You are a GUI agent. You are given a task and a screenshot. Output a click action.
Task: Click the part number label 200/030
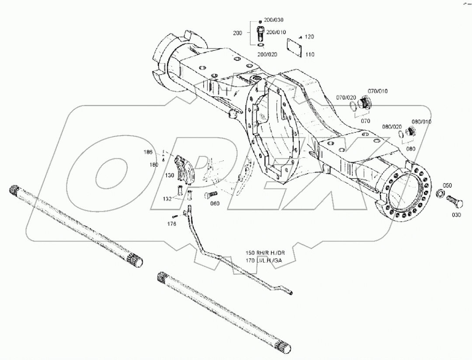(274, 20)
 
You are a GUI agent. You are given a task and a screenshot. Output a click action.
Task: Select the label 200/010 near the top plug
(276, 32)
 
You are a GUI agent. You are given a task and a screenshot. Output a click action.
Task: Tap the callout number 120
(309, 37)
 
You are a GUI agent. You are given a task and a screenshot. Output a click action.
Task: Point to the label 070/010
(378, 91)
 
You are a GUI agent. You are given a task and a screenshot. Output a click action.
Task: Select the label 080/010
(421, 122)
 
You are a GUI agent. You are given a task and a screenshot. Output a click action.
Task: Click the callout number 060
(214, 203)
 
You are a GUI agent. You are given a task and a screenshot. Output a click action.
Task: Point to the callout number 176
(172, 224)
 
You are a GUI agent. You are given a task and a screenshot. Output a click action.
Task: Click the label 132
(167, 198)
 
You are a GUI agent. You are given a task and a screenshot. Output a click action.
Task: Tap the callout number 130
(170, 175)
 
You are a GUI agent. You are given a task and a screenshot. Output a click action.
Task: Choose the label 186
(149, 152)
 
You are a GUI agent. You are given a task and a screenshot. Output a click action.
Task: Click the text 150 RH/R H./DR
(265, 253)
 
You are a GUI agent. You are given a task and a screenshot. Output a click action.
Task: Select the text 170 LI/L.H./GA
(264, 261)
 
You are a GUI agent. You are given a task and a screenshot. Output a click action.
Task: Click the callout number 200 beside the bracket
(238, 33)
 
